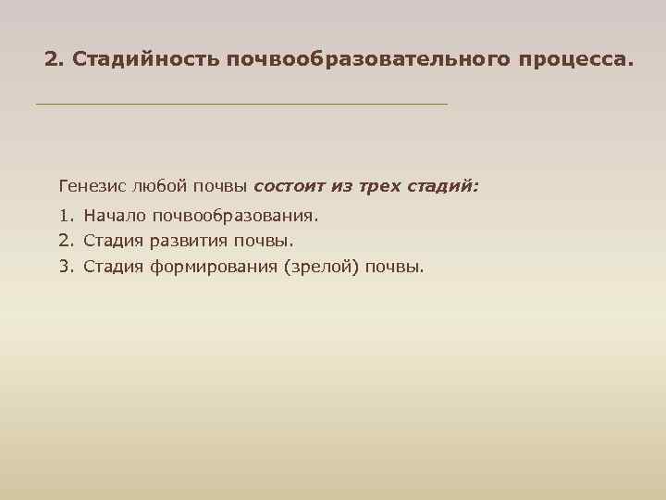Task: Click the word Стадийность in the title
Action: (145, 60)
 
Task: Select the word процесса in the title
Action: (573, 60)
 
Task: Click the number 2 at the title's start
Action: (51, 60)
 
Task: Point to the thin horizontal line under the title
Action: (240, 104)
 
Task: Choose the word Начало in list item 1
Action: (116, 216)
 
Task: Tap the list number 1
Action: (64, 216)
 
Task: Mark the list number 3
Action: (64, 268)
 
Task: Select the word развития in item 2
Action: (184, 242)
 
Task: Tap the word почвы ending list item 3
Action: (395, 268)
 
